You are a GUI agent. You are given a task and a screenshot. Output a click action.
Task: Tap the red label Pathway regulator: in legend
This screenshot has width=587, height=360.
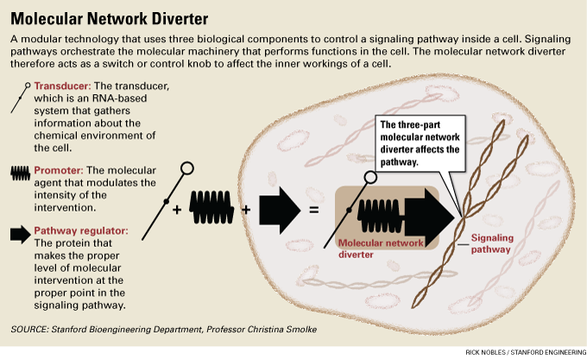coord(81,231)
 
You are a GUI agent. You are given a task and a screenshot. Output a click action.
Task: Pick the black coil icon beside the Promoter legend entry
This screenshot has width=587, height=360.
coord(20,172)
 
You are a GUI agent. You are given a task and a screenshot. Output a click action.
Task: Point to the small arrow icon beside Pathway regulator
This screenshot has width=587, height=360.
coord(20,232)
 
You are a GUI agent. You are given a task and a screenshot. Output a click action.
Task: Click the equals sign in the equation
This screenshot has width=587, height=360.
coord(314,209)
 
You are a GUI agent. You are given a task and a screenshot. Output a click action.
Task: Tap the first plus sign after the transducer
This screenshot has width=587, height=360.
coord(178,209)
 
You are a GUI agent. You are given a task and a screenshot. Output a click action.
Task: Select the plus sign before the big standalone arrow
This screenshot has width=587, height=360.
coord(246,209)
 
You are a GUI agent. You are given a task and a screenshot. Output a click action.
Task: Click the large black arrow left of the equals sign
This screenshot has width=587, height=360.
coord(277,208)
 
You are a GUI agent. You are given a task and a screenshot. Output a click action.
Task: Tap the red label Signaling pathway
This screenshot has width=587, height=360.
coord(492,243)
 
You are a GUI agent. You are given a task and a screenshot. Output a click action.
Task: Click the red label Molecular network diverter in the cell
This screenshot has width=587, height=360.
coord(380,249)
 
